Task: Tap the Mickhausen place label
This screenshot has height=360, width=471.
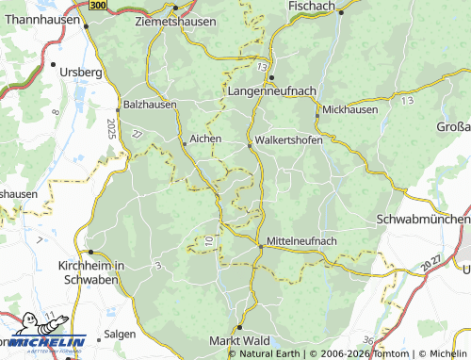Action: [x=349, y=109]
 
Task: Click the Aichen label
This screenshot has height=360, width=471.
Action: [x=205, y=139]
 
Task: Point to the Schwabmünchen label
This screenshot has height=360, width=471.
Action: [x=422, y=219]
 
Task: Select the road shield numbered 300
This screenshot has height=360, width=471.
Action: [x=99, y=6]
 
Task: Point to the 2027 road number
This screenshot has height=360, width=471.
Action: [x=431, y=260]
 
